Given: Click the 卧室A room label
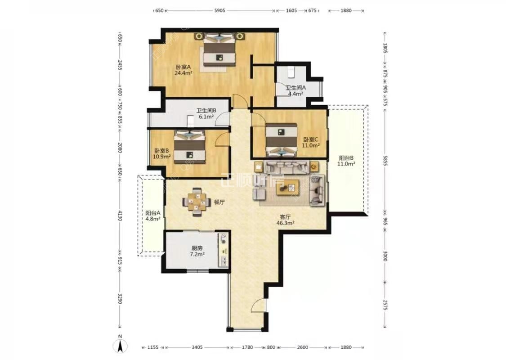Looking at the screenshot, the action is [184, 67].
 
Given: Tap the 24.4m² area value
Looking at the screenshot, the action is [184, 73].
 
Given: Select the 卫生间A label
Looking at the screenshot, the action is [295, 87].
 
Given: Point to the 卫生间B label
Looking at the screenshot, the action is [206, 110].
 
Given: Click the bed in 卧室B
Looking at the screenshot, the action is [189, 147].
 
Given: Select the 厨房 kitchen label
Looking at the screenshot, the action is [197, 248].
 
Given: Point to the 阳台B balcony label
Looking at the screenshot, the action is [346, 158].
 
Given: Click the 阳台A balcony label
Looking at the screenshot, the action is [152, 213].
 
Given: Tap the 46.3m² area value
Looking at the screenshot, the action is [285, 223].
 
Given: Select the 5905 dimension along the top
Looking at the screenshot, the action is [219, 10].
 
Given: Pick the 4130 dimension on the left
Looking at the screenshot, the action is [120, 216].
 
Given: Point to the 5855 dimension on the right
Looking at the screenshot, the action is [385, 160].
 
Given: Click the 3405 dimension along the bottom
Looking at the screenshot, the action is [197, 347].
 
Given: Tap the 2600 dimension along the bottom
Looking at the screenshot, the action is [302, 347].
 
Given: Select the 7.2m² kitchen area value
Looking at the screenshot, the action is [197, 254].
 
